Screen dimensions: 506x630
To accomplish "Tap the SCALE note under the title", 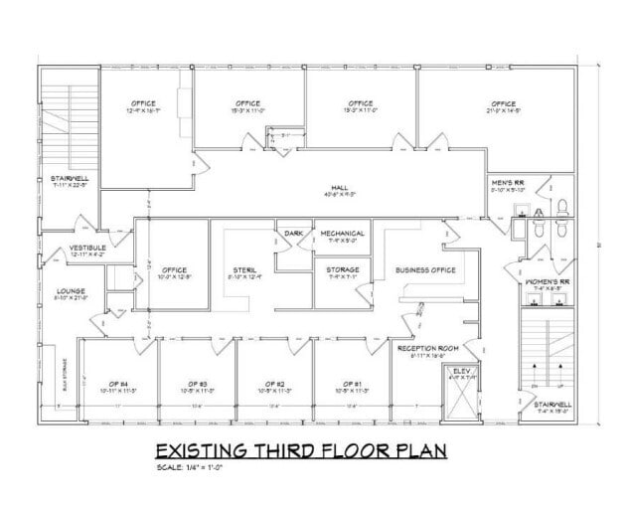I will tap(188, 467).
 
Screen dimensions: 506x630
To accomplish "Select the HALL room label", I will tap(338, 186).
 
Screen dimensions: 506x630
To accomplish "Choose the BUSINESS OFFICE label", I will tap(424, 269).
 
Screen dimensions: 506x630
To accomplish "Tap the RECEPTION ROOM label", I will tap(425, 348).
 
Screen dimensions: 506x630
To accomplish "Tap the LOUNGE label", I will tap(59, 291).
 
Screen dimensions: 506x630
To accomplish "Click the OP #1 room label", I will tap(349, 384).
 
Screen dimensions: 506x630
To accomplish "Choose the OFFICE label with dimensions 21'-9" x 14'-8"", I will tap(503, 104).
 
